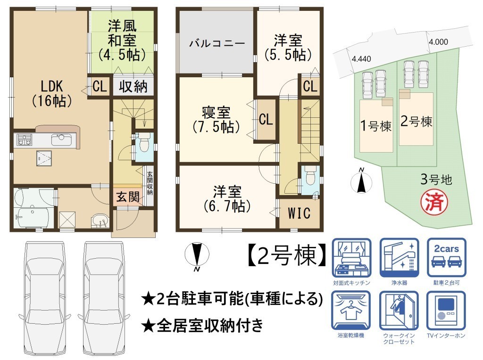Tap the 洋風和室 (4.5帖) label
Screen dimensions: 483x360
pos(122,41)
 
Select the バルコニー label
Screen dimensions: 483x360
pos(217,43)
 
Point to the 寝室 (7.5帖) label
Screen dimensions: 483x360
pos(216,119)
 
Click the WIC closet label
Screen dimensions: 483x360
pos(299,213)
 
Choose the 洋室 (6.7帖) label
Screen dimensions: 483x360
pos(227,199)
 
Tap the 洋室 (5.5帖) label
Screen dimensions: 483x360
pos(288,48)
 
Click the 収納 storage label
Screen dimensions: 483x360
pos(133,86)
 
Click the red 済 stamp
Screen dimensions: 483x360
pos(434,202)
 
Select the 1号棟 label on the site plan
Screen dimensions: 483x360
pos(376,126)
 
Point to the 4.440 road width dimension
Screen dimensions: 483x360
pos(361,59)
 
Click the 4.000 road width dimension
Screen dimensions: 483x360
pos(438,42)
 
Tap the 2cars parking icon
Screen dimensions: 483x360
pos(446,258)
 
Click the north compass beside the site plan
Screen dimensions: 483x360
pos(361,182)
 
